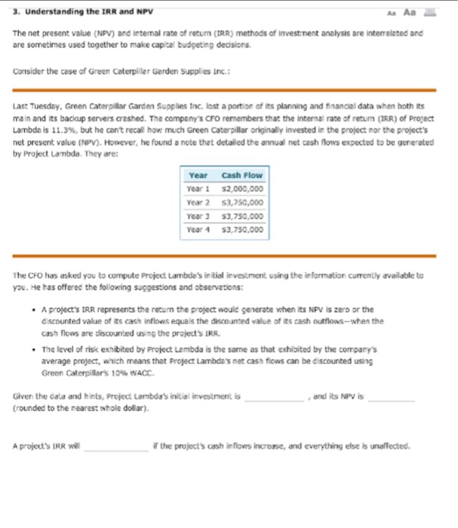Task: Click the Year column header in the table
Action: pos(198,177)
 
